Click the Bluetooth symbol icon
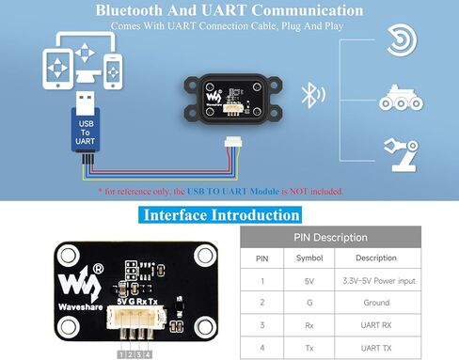click(x=309, y=95)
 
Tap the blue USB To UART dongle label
click(x=86, y=133)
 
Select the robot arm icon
click(x=402, y=154)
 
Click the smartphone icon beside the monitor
click(x=113, y=71)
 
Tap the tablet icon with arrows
click(x=58, y=69)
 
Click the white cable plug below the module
click(x=233, y=142)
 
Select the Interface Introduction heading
click(x=220, y=215)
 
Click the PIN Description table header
click(x=330, y=237)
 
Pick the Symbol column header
click(x=309, y=258)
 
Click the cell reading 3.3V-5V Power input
click(x=379, y=281)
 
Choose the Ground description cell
click(x=376, y=303)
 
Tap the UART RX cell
click(x=376, y=325)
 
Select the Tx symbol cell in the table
click(x=309, y=348)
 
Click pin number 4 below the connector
click(x=148, y=354)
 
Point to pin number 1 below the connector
click(x=121, y=354)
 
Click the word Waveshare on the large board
click(x=81, y=307)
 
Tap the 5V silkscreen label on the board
click(x=121, y=302)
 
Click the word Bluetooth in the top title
click(x=130, y=10)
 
